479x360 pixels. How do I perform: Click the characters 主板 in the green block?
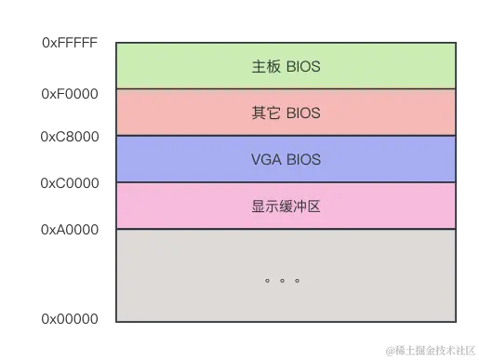pos(265,67)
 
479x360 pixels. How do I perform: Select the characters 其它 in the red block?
pos(265,113)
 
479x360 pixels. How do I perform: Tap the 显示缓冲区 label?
pos(286,207)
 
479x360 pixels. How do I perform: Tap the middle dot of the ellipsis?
pos(282,279)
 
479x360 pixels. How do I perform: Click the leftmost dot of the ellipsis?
pos(267,279)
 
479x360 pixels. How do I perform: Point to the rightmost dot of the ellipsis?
pos(297,279)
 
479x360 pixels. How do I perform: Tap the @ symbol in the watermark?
pos(392,350)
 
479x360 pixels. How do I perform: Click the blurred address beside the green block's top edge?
pos(70,44)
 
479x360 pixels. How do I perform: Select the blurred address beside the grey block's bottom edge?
pos(70,320)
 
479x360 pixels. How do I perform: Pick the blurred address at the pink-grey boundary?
pos(70,228)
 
